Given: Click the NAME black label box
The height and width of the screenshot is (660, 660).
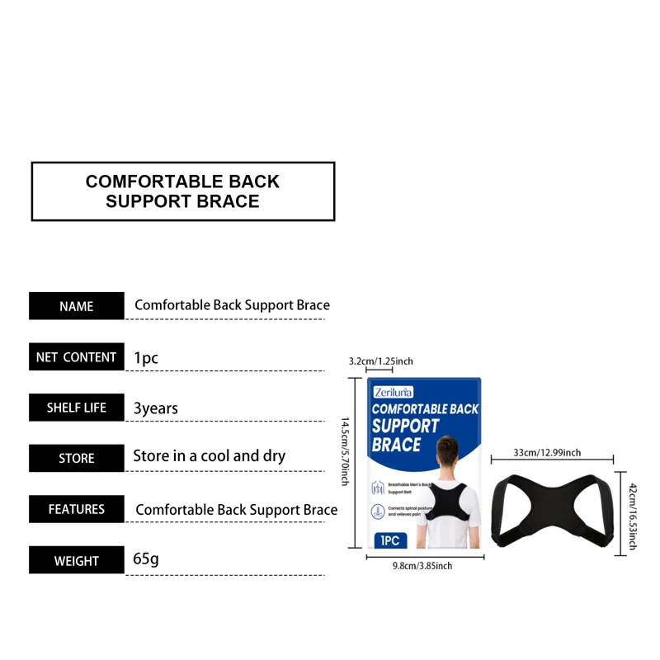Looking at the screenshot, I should [77, 306].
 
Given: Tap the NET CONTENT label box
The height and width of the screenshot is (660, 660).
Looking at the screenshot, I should [77, 357].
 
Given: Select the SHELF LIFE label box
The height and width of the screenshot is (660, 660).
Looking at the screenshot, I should [77, 408].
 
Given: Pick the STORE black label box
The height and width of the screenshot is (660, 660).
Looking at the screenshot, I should [77, 459].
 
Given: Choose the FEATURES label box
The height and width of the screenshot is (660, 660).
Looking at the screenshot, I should [77, 509].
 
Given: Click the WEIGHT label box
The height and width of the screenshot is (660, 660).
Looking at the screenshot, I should [77, 561].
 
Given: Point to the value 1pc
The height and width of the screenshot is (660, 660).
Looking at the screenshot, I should [146, 358].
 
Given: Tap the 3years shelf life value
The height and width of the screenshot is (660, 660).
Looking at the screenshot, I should [156, 408].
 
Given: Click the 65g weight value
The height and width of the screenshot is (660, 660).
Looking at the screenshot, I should [146, 559].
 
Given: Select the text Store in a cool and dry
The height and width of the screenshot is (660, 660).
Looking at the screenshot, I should [210, 456].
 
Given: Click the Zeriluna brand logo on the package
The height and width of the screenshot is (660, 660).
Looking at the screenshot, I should [393, 392].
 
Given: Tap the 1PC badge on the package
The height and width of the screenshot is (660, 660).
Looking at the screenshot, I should [391, 540].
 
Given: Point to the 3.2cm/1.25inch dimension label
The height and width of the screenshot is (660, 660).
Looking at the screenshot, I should [381, 361].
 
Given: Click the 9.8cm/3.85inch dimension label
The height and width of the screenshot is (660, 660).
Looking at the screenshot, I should [422, 566].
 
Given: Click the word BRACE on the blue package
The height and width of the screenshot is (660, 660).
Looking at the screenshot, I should [397, 445].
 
